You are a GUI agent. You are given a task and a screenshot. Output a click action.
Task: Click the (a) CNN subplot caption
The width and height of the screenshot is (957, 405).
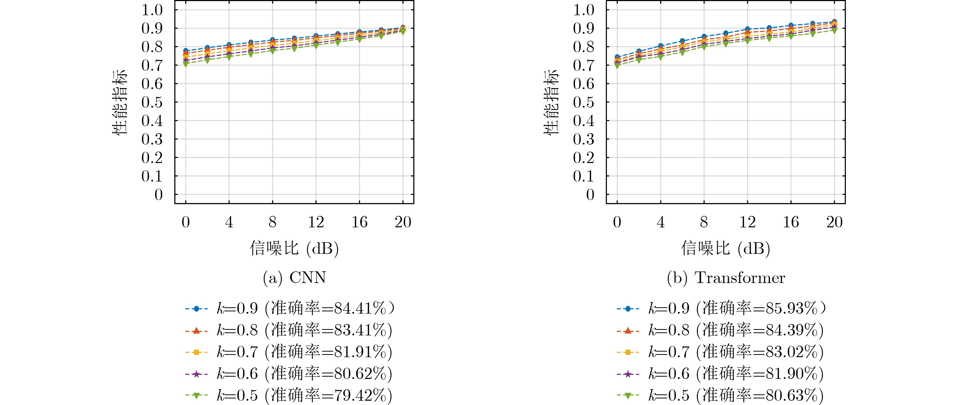coord(294,278)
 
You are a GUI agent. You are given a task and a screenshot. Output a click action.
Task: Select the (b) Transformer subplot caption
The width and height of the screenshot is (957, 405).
coord(726,278)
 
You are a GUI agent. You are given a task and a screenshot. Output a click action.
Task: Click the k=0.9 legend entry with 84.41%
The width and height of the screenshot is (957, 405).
coord(290,308)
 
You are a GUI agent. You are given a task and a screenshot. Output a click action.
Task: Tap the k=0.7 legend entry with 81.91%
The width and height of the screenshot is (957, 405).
coord(289,352)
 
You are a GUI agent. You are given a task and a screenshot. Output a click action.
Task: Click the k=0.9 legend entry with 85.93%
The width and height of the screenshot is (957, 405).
coord(721,308)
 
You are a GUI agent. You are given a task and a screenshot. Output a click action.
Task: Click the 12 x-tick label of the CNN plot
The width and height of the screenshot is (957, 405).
coord(316,222)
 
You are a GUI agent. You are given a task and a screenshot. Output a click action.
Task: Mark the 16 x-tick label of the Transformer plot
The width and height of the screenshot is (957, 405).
coord(791,222)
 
